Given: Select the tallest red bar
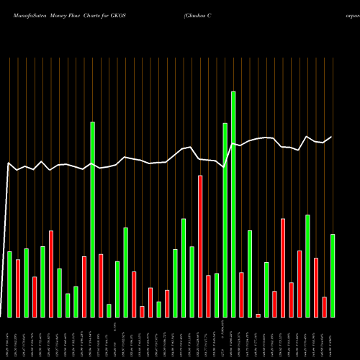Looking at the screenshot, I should click(x=200, y=246).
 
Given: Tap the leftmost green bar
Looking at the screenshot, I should click(x=9, y=284).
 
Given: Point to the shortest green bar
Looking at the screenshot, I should click(x=109, y=310).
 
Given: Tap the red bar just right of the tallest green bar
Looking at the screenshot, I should click(x=241, y=294).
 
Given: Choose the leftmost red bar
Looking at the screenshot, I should click(x=18, y=288).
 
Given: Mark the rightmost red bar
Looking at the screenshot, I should click(x=324, y=307).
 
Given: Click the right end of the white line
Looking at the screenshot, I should click(x=332, y=137).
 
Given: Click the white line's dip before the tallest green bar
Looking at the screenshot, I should click(x=225, y=167).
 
